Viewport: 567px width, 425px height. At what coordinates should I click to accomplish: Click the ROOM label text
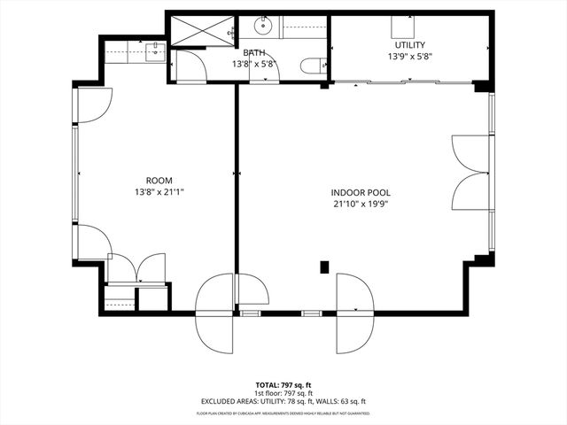pyautogui.click(x=159, y=179)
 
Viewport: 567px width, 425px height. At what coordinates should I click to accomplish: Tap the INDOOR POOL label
pyautogui.click(x=361, y=192)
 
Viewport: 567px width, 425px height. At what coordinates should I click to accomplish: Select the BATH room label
pyautogui.click(x=254, y=53)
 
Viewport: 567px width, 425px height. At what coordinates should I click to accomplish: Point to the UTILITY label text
pyautogui.click(x=409, y=45)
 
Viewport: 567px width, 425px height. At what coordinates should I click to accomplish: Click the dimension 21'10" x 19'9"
pyautogui.click(x=361, y=204)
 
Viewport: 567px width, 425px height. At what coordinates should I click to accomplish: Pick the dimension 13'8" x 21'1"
pyautogui.click(x=159, y=190)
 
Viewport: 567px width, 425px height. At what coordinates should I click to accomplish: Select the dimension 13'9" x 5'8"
pyautogui.click(x=409, y=57)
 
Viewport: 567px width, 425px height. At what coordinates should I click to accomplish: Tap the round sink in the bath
pyautogui.click(x=263, y=24)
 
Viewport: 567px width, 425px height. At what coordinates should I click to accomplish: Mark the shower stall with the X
pyautogui.click(x=198, y=30)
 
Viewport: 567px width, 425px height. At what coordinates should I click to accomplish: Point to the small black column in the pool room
pyautogui.click(x=324, y=266)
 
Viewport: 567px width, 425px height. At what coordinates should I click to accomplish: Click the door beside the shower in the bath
pyautogui.click(x=189, y=66)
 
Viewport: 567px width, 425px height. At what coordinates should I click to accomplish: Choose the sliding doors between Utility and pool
pyautogui.click(x=403, y=83)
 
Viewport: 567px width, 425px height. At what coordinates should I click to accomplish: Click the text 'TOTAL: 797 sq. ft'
pyautogui.click(x=283, y=385)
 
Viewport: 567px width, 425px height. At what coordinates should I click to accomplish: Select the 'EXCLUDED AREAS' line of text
pyautogui.click(x=283, y=401)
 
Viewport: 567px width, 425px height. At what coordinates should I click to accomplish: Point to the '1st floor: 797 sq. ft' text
pyautogui.click(x=283, y=393)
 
